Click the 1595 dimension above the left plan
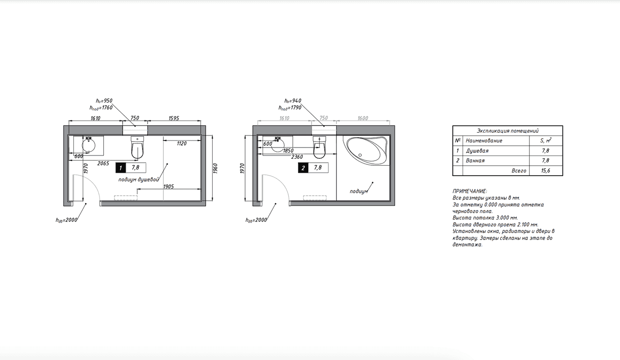tap(174, 118)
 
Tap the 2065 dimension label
tap(103, 163)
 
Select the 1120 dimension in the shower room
tap(182, 143)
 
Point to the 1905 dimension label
tap(169, 186)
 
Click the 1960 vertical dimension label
tap(215, 169)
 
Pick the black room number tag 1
tap(121, 168)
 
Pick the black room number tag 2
tap(303, 168)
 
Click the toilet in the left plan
tap(137, 148)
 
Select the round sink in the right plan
tap(278, 145)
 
